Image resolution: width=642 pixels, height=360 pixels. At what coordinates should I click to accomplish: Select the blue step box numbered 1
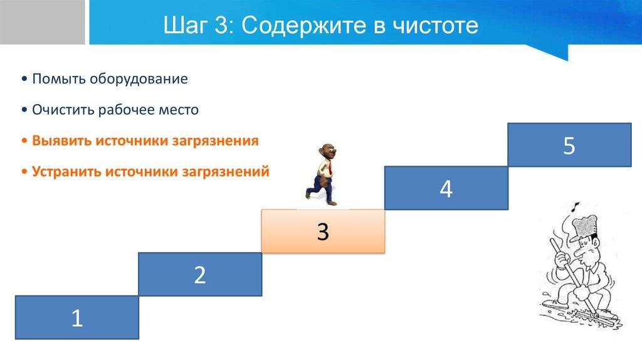tap(77, 317)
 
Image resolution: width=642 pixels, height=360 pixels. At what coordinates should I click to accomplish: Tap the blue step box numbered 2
tap(200, 275)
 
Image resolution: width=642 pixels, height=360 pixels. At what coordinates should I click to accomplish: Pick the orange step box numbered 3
tap(323, 231)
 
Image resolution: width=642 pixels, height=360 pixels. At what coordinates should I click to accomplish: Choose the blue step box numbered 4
tap(446, 188)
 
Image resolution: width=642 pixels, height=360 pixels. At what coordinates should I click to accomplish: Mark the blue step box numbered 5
tap(569, 145)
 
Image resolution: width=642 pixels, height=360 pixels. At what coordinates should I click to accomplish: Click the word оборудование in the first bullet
tap(139, 78)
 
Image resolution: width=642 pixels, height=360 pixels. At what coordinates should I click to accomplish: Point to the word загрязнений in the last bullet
tap(226, 172)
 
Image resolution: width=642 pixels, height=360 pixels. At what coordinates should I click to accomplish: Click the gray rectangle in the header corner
tap(42, 22)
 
